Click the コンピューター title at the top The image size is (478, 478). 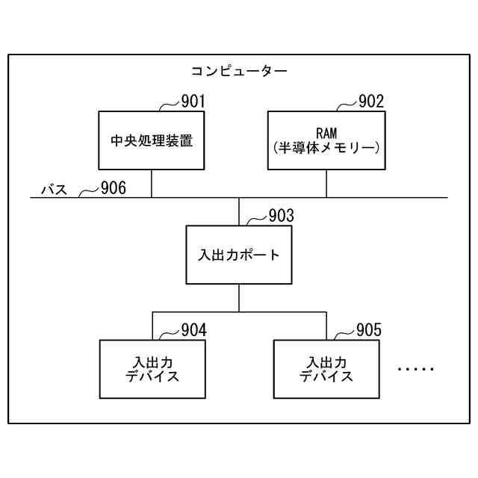239,72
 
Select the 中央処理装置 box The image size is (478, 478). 152,140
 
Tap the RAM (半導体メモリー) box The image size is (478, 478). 326,140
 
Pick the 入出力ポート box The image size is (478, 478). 239,255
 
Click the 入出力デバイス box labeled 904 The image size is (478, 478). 152,369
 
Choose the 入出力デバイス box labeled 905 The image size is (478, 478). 326,369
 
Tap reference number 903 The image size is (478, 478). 281,216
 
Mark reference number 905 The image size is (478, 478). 368,330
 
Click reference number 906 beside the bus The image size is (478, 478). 114,188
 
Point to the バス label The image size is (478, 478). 54,190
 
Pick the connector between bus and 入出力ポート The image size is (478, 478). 239,211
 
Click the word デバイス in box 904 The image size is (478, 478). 152,376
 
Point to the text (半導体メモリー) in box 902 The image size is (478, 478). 326,148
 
